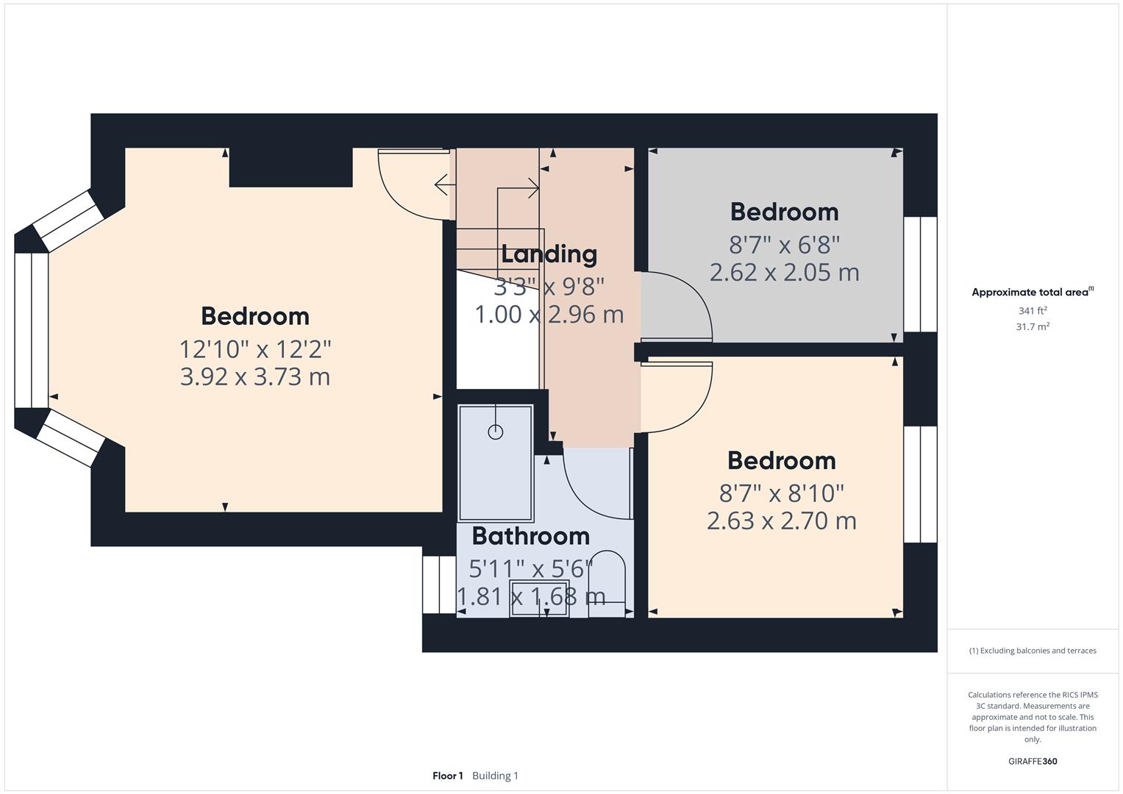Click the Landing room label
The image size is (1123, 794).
coord(549,254)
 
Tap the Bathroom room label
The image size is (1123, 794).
coord(530,536)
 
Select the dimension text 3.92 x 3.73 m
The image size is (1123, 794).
coord(254,377)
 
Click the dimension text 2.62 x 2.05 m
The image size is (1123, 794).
coord(784,273)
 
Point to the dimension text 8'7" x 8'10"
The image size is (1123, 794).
coord(781,492)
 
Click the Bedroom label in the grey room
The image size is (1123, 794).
coord(784,212)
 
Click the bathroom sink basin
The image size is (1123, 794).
coord(538,598)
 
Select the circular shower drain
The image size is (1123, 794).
coord(495,432)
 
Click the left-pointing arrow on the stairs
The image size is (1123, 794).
coord(441,185)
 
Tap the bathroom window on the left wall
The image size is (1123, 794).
coord(439,584)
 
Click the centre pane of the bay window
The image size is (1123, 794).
coord(31,330)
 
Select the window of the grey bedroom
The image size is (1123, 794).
coord(919,274)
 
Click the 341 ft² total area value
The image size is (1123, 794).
coord(1032,311)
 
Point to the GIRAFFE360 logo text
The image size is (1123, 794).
coord(1032,761)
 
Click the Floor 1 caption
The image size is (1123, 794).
coord(447,776)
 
